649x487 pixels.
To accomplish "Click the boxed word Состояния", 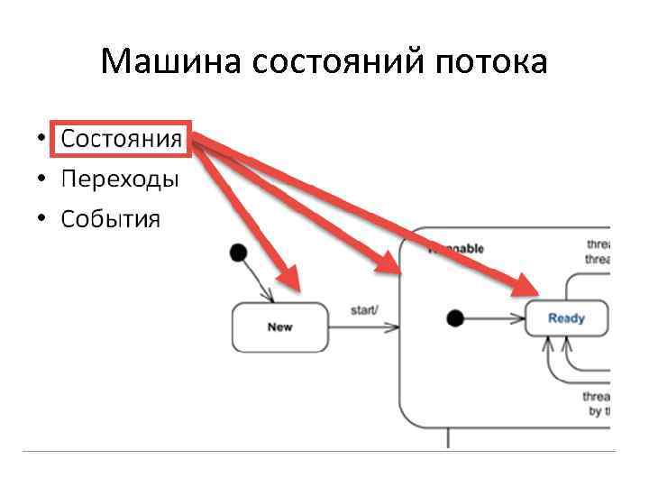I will click(x=121, y=141).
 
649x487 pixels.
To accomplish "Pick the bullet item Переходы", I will click(x=120, y=179).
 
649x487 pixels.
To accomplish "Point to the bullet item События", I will click(x=110, y=218).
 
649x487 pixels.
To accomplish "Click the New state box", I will click(x=279, y=326).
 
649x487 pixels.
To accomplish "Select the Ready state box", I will click(x=566, y=317).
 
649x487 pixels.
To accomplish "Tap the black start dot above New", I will click(x=239, y=252).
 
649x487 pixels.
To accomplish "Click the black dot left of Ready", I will click(x=455, y=317).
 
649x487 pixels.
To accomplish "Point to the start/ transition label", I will click(x=364, y=310).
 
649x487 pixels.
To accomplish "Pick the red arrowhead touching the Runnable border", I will click(x=391, y=263).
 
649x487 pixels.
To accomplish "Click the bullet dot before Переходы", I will click(x=41, y=179).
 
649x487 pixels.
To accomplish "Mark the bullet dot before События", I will click(x=41, y=218).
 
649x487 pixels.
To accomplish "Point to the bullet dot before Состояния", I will click(x=41, y=141).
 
